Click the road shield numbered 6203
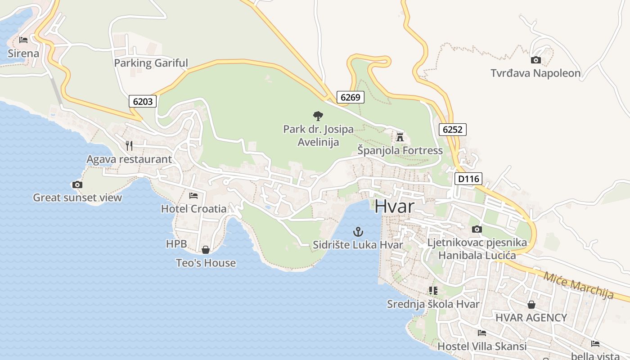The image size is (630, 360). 143,101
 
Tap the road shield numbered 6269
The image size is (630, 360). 350,97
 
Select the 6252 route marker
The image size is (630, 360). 452,130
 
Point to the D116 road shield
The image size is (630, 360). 468,179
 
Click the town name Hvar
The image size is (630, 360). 394,206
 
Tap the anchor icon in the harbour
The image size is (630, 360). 358,232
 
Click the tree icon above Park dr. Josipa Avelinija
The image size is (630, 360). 318,116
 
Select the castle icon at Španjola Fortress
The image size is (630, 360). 400,137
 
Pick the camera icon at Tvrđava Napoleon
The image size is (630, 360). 535,60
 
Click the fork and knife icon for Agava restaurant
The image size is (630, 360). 129,145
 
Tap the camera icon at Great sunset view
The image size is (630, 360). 77,184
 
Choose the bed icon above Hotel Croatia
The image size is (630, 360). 193,195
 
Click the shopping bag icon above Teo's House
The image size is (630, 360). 206,250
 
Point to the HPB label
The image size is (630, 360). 176,244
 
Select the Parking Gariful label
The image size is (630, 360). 151,63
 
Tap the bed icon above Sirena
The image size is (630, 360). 23,40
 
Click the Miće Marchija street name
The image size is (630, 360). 578,285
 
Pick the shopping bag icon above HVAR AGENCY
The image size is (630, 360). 531,305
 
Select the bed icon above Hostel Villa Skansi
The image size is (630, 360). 482,333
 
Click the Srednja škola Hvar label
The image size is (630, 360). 433,304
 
